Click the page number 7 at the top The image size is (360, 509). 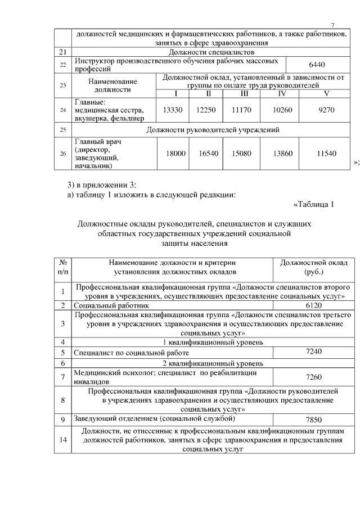click(332, 25)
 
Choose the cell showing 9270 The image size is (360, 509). click(326, 110)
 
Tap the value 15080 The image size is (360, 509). click(241, 154)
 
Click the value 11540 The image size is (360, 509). click(326, 154)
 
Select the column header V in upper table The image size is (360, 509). click(326, 93)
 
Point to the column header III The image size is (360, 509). click(244, 93)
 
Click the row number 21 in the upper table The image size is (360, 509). click(63, 52)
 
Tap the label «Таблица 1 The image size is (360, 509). click(314, 204)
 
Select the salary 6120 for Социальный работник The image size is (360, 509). click(313, 305)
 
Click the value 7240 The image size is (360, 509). click(313, 351)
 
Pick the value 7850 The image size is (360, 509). click(313, 420)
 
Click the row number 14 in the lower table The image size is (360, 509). click(63, 440)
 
